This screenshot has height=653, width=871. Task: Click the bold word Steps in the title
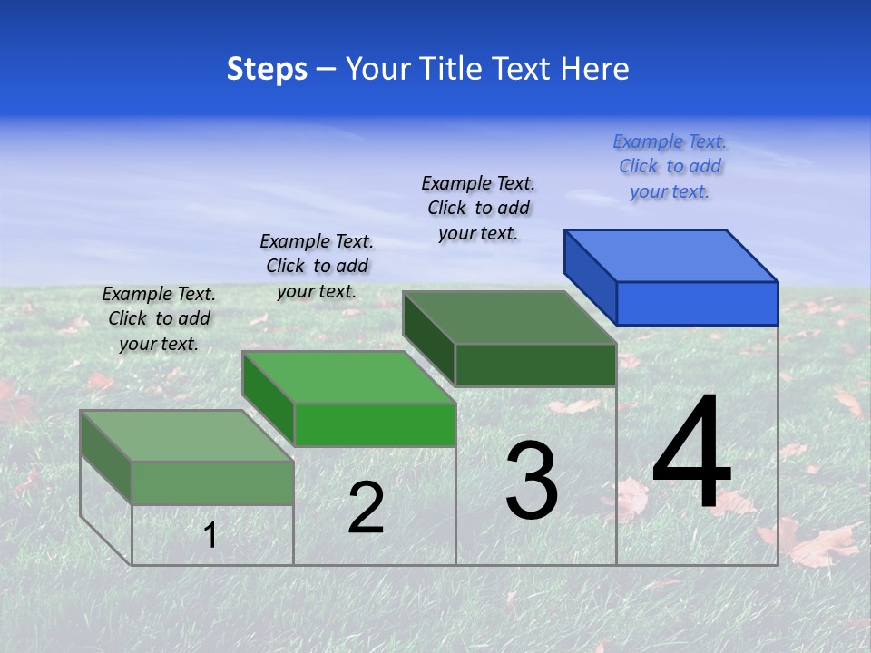pyautogui.click(x=267, y=69)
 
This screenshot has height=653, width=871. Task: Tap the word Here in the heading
pyautogui.click(x=595, y=69)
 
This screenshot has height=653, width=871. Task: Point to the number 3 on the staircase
pyautogui.click(x=532, y=481)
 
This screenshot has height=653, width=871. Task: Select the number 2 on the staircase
pyautogui.click(x=366, y=508)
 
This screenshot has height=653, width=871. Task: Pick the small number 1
pyautogui.click(x=210, y=535)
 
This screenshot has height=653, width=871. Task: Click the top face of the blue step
pyautogui.click(x=671, y=255)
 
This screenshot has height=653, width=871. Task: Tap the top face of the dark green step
pyautogui.click(x=510, y=317)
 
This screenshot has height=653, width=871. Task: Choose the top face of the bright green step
pyautogui.click(x=348, y=376)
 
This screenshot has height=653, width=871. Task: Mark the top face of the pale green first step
pyautogui.click(x=187, y=435)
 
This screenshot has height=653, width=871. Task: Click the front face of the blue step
pyautogui.click(x=697, y=303)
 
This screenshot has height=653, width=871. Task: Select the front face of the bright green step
pyautogui.click(x=375, y=424)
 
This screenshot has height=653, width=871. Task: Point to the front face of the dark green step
pyautogui.click(x=535, y=365)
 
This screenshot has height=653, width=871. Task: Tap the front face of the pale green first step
pyautogui.click(x=212, y=482)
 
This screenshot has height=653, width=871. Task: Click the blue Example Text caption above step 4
pyautogui.click(x=670, y=167)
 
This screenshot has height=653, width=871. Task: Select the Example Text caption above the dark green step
pyautogui.click(x=478, y=209)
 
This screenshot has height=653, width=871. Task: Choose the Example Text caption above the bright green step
pyautogui.click(x=317, y=266)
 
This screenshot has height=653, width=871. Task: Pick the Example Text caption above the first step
pyautogui.click(x=159, y=318)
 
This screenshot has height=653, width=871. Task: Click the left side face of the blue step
pyautogui.click(x=590, y=275)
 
